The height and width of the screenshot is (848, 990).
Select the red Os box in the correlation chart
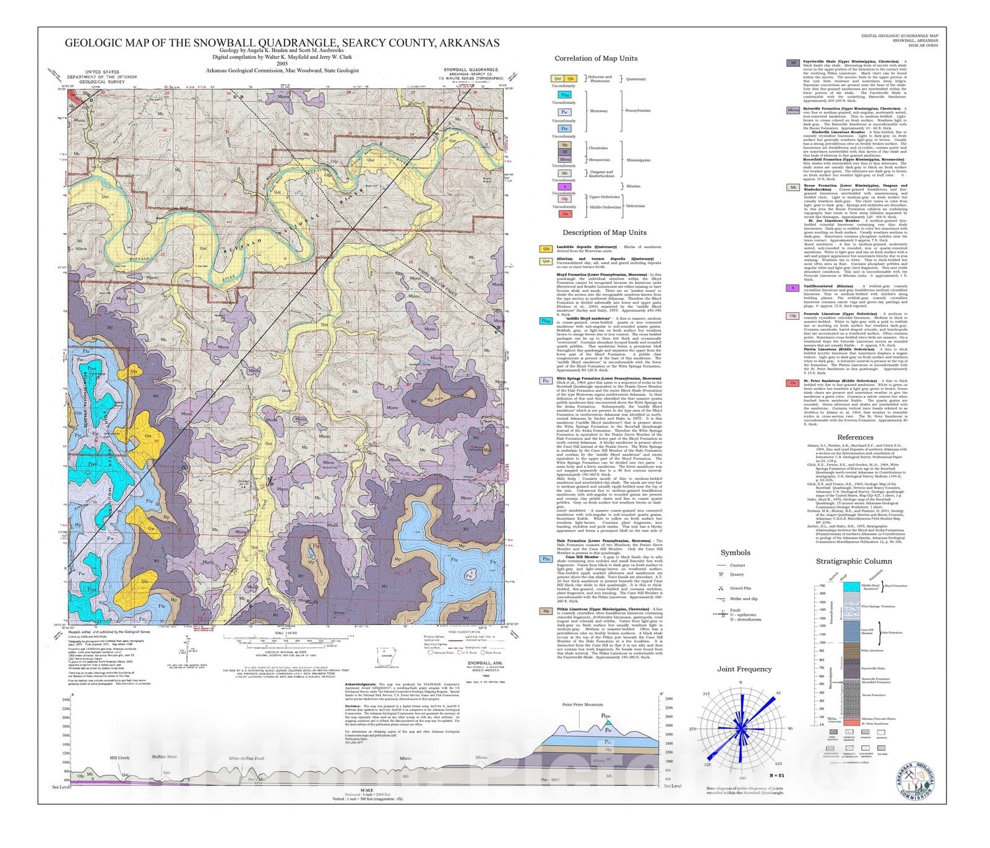pyautogui.click(x=565, y=214)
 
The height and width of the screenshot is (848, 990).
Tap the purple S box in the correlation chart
pyautogui.click(x=565, y=186)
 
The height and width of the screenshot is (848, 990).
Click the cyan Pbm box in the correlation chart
pyautogui.click(x=565, y=95)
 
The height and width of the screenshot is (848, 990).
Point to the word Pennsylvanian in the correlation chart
pyautogui.click(x=638, y=111)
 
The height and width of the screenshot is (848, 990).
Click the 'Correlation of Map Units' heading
pyautogui.click(x=595, y=58)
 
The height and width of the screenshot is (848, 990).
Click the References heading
pyautogui.click(x=855, y=437)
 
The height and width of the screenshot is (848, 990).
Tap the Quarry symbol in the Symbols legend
pyautogui.click(x=721, y=575)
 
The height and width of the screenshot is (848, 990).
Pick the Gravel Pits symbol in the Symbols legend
pyautogui.click(x=721, y=588)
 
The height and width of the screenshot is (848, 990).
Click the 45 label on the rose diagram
pyautogui.click(x=778, y=693)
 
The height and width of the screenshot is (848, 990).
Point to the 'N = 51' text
pyautogui.click(x=777, y=776)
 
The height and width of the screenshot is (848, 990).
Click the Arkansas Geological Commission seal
pyautogui.click(x=915, y=782)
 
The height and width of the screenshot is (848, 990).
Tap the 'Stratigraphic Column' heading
pyautogui.click(x=854, y=562)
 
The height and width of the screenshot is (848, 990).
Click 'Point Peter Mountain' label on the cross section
pyautogui.click(x=582, y=705)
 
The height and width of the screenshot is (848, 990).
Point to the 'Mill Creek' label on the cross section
pyautogui.click(x=119, y=758)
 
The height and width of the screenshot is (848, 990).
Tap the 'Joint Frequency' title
pyautogui.click(x=744, y=669)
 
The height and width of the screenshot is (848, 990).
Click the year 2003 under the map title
pyautogui.click(x=282, y=63)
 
